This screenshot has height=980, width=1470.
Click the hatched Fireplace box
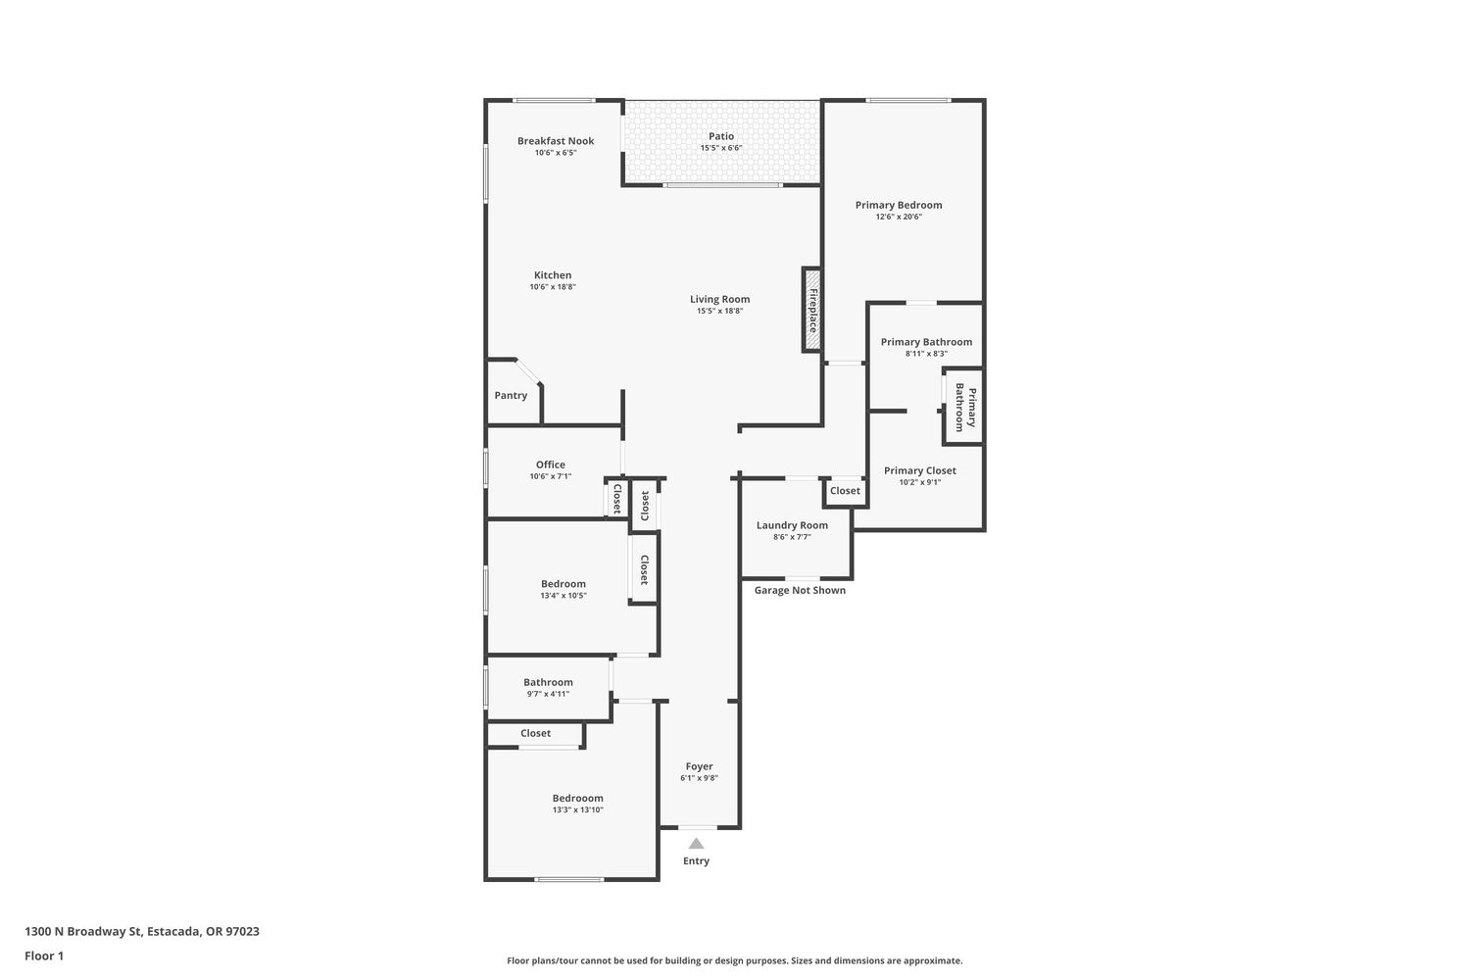(x=811, y=310)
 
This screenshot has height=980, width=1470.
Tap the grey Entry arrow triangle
(x=696, y=844)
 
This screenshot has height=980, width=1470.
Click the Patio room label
(x=721, y=136)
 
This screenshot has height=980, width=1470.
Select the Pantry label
(x=511, y=395)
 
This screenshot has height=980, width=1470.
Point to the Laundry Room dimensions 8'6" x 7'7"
(x=792, y=537)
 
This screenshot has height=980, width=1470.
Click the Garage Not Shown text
(x=800, y=590)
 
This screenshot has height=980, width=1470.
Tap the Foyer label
(x=699, y=766)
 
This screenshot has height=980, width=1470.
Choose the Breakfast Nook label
(x=556, y=140)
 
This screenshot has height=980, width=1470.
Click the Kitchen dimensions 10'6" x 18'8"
(x=553, y=287)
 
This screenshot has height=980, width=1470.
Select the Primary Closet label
(x=920, y=470)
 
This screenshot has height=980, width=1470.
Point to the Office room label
(x=550, y=465)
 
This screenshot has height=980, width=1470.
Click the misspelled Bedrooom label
(x=577, y=798)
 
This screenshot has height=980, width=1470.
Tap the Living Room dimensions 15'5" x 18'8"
(x=720, y=311)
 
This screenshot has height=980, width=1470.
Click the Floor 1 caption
(x=44, y=955)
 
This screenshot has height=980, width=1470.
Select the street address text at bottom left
(x=142, y=931)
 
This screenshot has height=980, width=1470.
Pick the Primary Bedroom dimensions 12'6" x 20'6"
(x=899, y=217)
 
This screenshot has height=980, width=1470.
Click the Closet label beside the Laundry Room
(x=845, y=490)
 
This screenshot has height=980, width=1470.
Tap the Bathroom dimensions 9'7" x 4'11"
(x=548, y=694)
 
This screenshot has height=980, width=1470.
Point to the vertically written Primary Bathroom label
(x=965, y=408)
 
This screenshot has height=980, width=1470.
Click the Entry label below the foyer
(x=696, y=860)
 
